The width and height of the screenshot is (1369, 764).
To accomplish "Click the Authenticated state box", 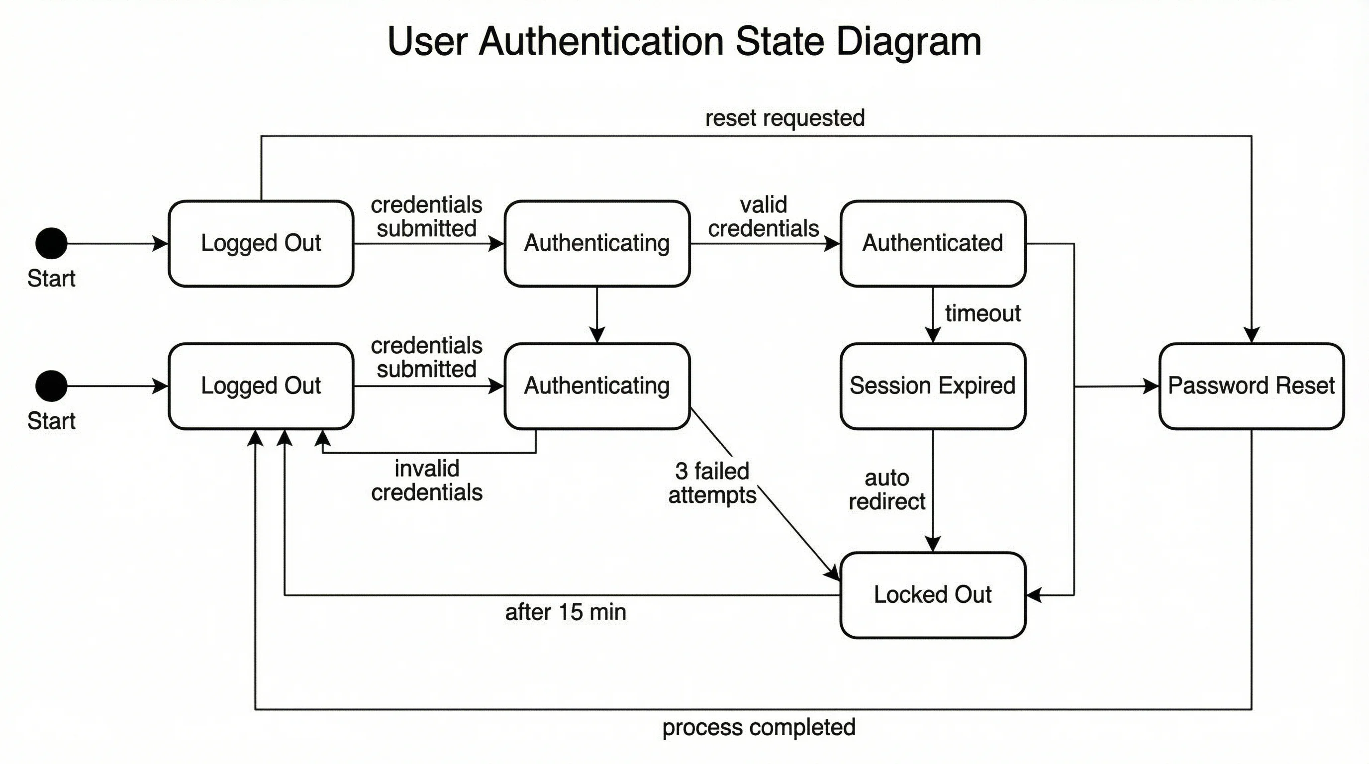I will tap(933, 243).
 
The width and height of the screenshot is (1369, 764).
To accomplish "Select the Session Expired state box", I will tap(933, 385).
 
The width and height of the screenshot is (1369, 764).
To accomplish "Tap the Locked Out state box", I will tap(933, 594).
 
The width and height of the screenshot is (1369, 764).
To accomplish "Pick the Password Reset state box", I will tap(1251, 385).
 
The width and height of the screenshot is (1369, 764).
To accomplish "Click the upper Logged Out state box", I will tap(261, 243).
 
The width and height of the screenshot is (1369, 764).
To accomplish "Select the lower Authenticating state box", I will tap(597, 385).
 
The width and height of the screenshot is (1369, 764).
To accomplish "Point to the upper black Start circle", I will tap(52, 243).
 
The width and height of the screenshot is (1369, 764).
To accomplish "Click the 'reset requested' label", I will tap(784, 118).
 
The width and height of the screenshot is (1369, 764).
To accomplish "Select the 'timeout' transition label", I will tap(982, 313).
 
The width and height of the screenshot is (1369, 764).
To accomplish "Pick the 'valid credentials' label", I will tap(763, 217).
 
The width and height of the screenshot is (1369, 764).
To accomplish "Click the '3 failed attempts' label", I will tap(712, 483).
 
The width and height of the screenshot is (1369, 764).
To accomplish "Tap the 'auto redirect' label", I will tap(886, 490).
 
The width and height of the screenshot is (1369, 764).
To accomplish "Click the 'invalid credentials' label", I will tap(427, 480).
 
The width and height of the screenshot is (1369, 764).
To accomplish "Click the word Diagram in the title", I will tap(908, 41).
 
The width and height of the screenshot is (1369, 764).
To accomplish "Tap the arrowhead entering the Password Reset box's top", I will tap(1252, 335).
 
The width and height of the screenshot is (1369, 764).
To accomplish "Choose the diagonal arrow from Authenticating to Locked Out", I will tap(786, 521).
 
